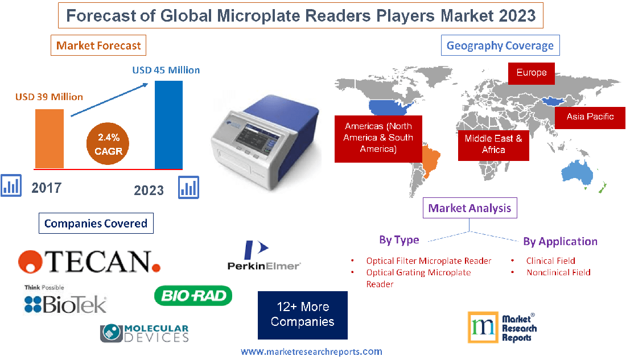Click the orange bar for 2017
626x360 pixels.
50,138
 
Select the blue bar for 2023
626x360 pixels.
168,125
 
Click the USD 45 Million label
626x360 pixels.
166,71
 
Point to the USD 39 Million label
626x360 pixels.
49,97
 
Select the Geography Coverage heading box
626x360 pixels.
500,45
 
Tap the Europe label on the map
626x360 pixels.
532,73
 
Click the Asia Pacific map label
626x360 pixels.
590,117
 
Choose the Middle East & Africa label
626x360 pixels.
493,144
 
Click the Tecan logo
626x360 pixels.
89,261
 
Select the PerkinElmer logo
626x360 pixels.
263,255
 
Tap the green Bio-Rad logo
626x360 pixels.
193,295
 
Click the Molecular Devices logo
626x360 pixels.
145,333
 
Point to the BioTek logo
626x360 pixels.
65,301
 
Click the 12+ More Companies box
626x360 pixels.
302,315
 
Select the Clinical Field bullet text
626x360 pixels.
550,261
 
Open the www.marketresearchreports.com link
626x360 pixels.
311,352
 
